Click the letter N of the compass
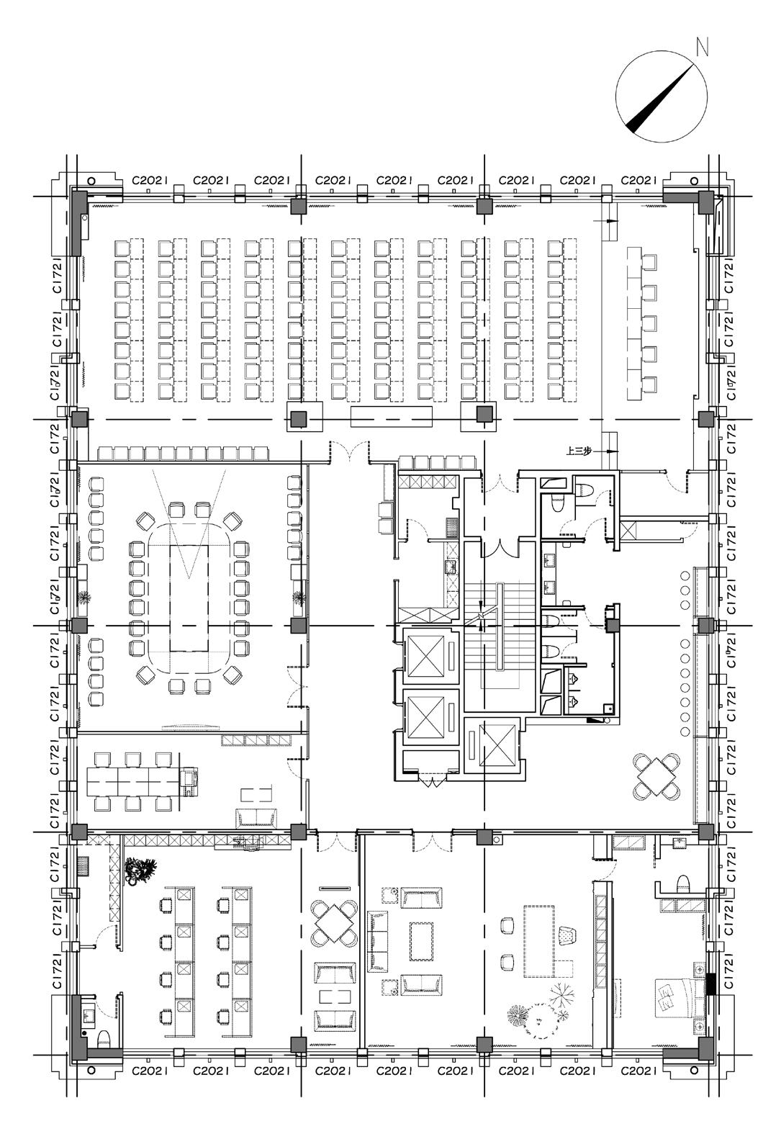pos(702,48)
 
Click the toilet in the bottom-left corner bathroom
pos(104,1037)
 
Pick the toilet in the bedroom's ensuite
pos(683,884)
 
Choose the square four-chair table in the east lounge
pos(656,776)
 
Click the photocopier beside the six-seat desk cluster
pos(189,781)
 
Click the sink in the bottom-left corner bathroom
pos(89,1015)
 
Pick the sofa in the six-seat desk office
pos(256,816)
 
